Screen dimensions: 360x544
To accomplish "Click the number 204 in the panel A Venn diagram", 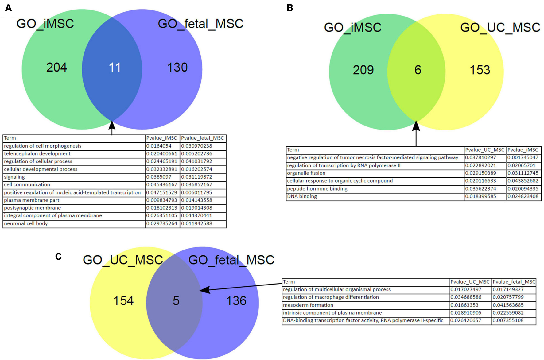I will [56, 68].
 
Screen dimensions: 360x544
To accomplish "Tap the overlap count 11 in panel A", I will [115, 68].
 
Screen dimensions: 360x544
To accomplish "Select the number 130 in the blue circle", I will [177, 68].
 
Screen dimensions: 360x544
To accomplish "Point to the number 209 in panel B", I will [363, 70].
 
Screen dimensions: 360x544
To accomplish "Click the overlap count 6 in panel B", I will [418, 70].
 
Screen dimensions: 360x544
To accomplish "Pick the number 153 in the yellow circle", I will [480, 70].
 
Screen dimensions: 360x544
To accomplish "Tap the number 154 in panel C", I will [123, 301].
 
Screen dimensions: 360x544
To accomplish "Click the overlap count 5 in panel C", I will [176, 301].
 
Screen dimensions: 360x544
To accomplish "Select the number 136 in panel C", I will [236, 301].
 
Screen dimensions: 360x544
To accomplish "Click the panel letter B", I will [289, 8].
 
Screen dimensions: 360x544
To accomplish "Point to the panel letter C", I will [58, 256].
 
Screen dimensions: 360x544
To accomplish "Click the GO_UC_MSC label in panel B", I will [500, 28].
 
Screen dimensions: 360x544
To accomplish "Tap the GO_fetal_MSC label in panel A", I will [200, 24].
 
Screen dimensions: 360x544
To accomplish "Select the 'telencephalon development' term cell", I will [37, 154].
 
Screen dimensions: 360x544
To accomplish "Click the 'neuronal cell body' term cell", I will [26, 223].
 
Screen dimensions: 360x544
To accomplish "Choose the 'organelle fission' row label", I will [306, 173].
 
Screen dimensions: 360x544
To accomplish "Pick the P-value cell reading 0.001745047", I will [523, 157].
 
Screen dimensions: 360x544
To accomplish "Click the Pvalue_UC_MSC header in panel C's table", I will [470, 282].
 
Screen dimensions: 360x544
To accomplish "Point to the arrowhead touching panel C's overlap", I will [204, 290].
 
